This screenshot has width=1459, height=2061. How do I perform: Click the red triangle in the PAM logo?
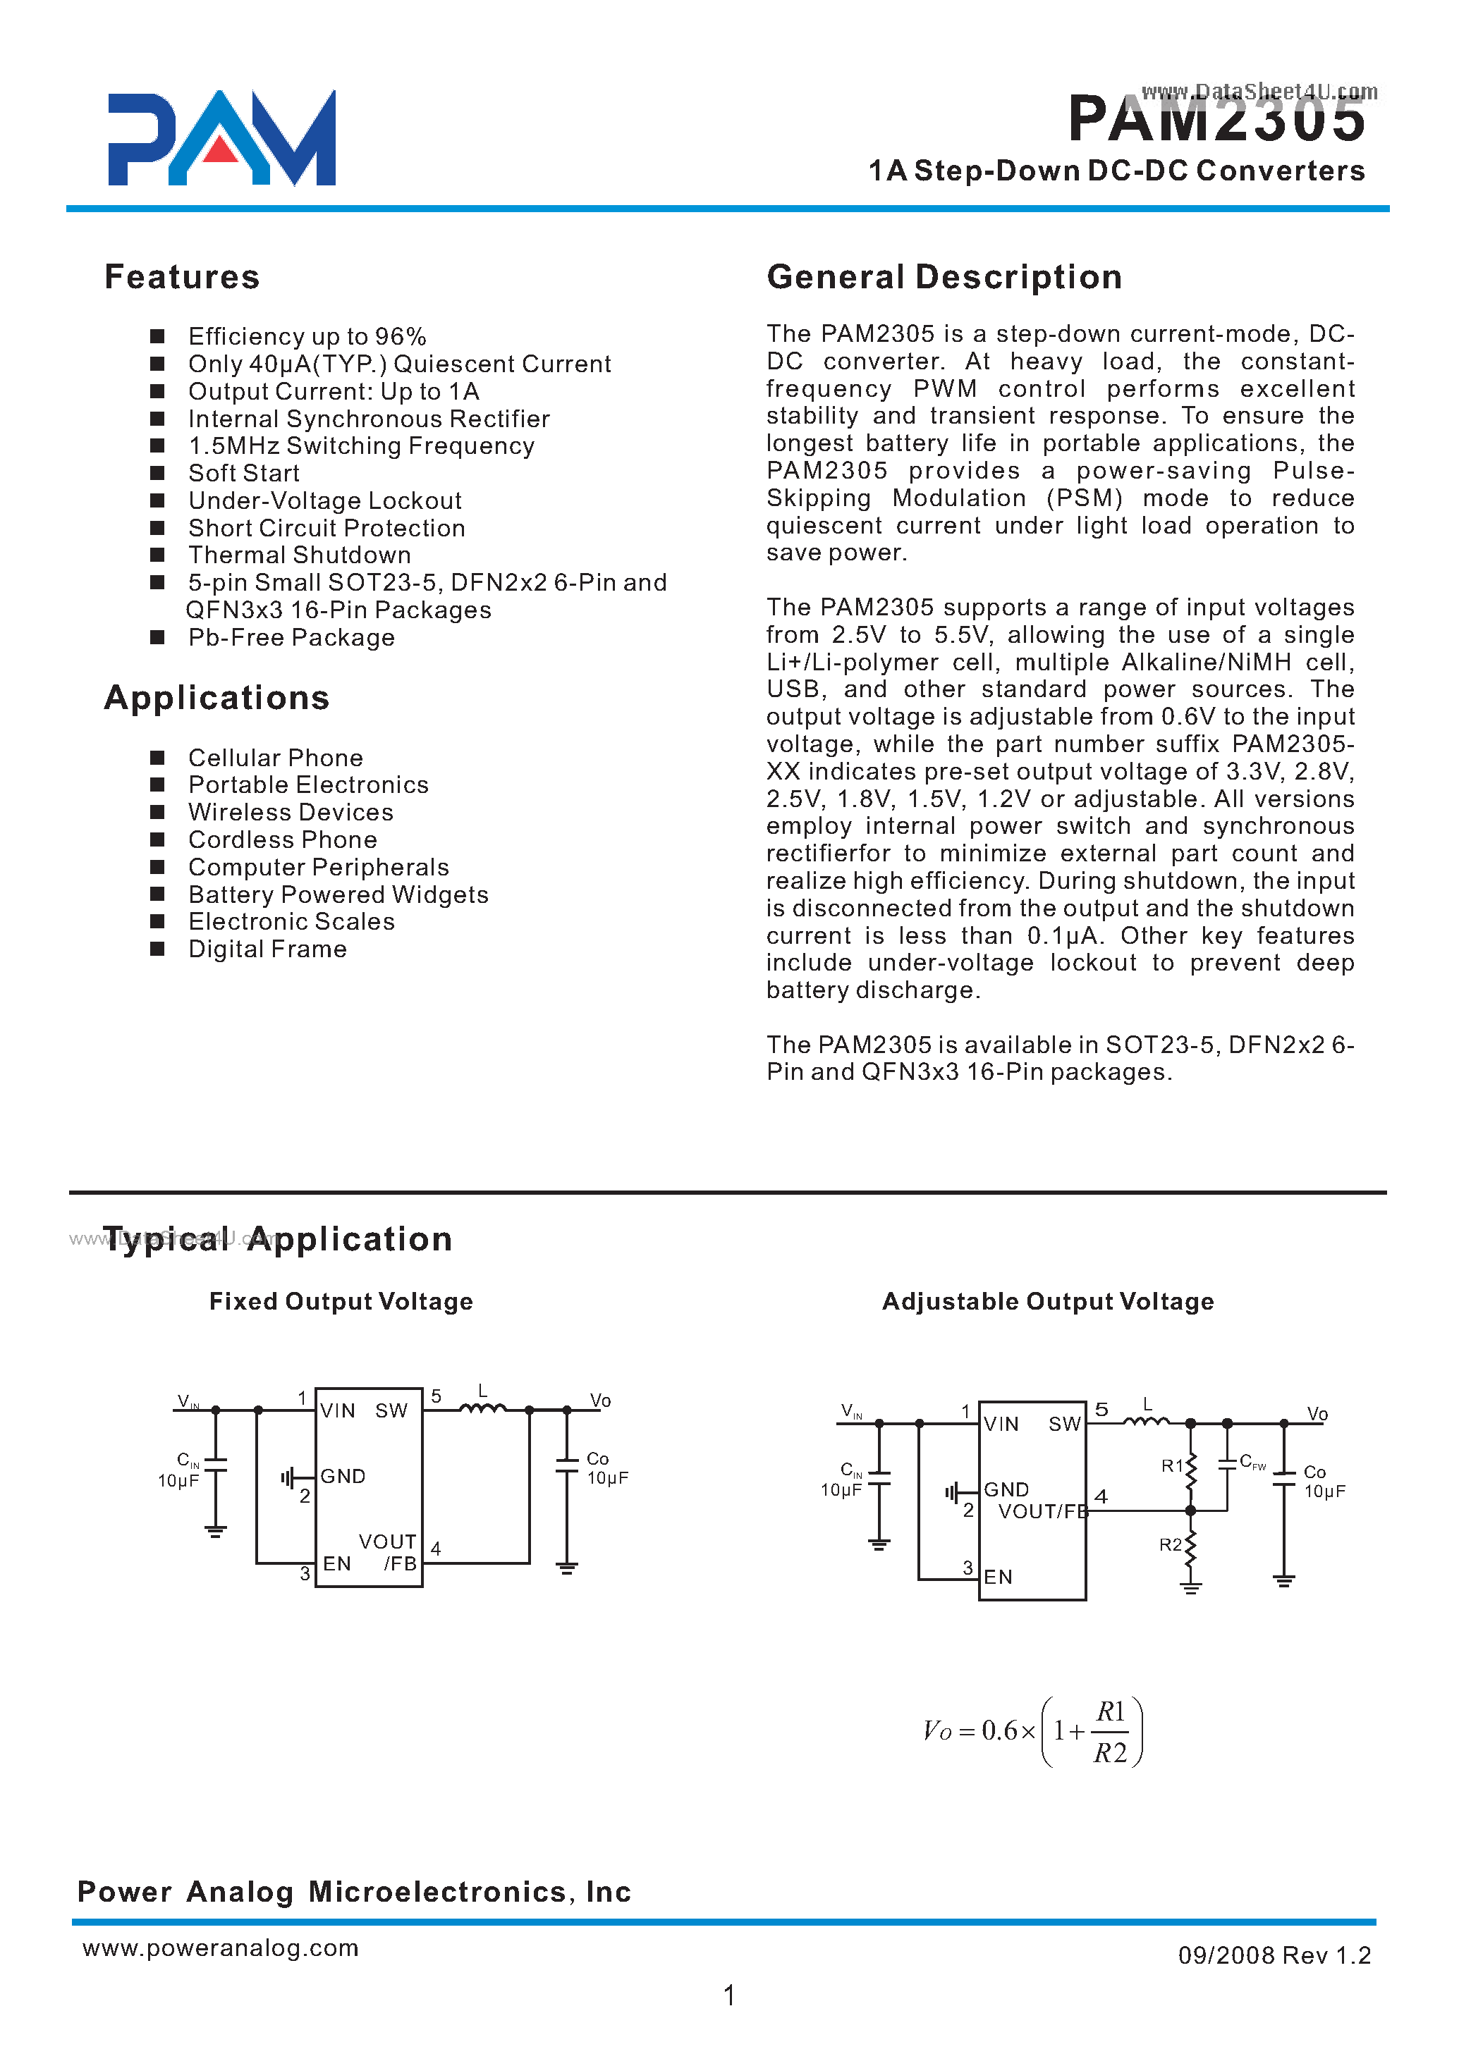click(x=220, y=150)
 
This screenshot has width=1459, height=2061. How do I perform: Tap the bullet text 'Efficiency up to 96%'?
click(x=306, y=337)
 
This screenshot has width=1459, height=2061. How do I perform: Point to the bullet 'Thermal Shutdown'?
click(x=299, y=555)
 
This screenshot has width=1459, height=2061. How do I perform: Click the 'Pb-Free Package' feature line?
click(x=291, y=638)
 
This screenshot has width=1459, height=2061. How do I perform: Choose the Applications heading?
click(x=216, y=698)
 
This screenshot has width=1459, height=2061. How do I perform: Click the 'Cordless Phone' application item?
click(x=282, y=839)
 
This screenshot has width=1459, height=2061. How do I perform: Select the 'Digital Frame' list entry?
click(x=267, y=949)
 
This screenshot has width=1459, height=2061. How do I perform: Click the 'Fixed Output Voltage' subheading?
click(x=341, y=1301)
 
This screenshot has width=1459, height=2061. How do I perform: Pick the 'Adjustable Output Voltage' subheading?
click(x=1048, y=1301)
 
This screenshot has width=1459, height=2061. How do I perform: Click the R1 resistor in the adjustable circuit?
click(x=1191, y=1468)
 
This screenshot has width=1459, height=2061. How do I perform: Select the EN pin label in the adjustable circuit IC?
click(x=997, y=1577)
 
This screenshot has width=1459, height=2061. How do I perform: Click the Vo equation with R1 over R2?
click(x=1032, y=1730)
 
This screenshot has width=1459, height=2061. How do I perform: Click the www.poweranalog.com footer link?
click(x=220, y=1947)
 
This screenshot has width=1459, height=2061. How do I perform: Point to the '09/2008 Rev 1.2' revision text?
click(x=1274, y=1955)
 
